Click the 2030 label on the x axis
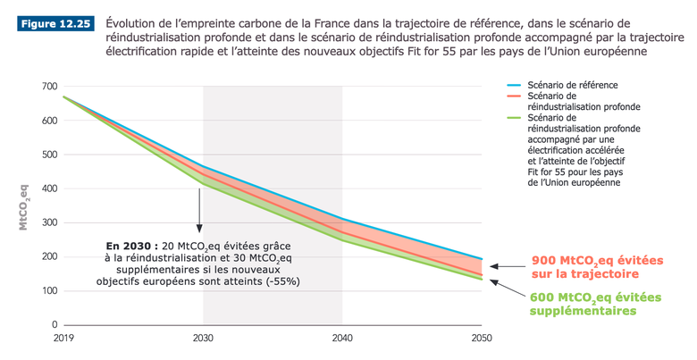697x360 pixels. pyautogui.click(x=204, y=339)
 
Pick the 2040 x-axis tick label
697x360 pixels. pyautogui.click(x=342, y=339)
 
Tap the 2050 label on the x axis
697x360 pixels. pyautogui.click(x=481, y=339)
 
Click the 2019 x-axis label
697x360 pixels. pyautogui.click(x=64, y=339)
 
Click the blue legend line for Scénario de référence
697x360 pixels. pyautogui.click(x=513, y=85)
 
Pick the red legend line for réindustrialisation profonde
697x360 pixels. pyautogui.click(x=513, y=96)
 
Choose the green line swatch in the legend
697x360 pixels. pyautogui.click(x=513, y=117)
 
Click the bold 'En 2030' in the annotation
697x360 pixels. pyautogui.click(x=128, y=245)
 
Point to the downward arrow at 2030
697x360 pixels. pyautogui.click(x=199, y=214)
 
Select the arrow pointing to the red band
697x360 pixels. pyautogui.click(x=507, y=265)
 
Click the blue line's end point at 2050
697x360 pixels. pyautogui.click(x=482, y=259)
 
